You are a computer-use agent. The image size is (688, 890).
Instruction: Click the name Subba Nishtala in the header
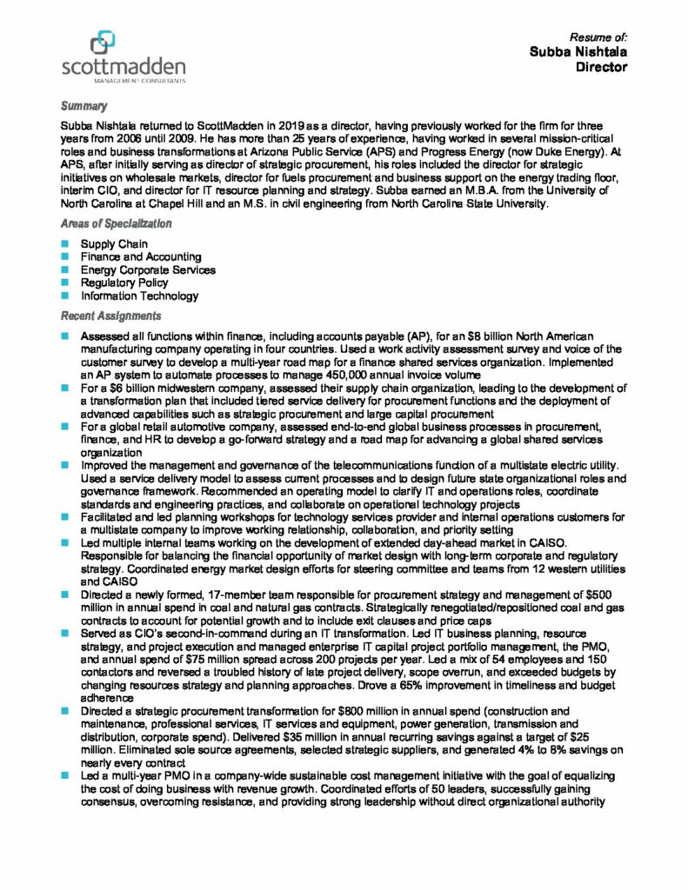[x=578, y=52]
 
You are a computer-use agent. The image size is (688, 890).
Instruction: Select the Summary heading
[x=83, y=106]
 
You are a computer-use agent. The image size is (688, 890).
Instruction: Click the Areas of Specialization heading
[x=116, y=223]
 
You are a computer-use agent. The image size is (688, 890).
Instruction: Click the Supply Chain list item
[x=114, y=244]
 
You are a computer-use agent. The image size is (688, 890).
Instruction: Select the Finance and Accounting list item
[x=141, y=257]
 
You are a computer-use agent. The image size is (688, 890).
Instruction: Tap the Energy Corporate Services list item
[x=148, y=269]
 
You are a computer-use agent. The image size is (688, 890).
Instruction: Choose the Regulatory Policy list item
[x=124, y=282]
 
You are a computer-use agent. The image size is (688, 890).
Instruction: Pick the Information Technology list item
[x=139, y=296]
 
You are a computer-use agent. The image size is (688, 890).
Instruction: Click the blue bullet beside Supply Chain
[x=64, y=244]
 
